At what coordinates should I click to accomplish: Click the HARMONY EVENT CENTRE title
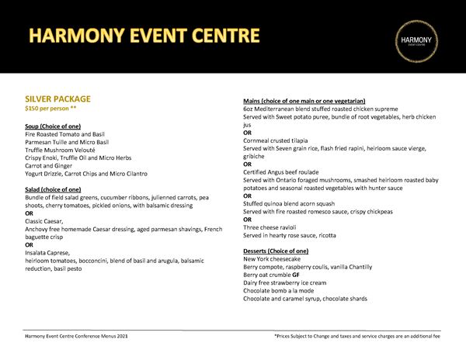pyautogui.click(x=144, y=36)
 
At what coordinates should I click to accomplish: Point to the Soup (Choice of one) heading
pyautogui.click(x=53, y=126)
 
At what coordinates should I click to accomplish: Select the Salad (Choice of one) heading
pyautogui.click(x=53, y=189)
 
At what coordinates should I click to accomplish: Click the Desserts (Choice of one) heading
pyautogui.click(x=275, y=251)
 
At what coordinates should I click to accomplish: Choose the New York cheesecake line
pyautogui.click(x=274, y=259)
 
